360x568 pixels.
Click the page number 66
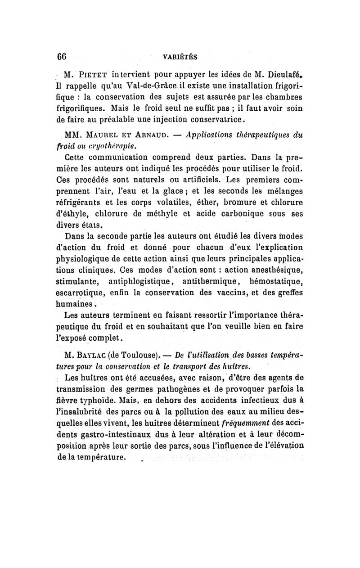(62, 57)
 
